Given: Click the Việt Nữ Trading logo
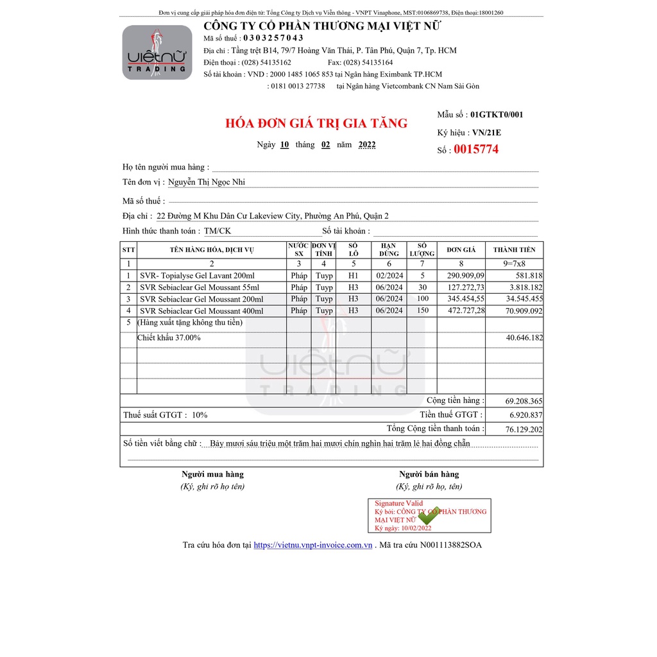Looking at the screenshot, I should (x=157, y=53).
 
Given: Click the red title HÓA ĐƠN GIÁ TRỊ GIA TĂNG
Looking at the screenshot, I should (x=316, y=124).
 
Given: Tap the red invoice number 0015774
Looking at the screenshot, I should (x=476, y=150).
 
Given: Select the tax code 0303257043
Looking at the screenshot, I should (x=273, y=38).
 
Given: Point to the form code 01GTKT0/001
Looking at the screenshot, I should (x=497, y=115).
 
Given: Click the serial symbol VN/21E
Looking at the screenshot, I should (x=486, y=133).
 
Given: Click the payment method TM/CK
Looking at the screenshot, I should (x=218, y=231).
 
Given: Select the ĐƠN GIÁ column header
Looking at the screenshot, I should (x=461, y=250).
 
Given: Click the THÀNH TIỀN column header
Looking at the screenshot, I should (x=514, y=250).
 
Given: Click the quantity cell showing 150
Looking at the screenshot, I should (x=422, y=311).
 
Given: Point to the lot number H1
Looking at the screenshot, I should (x=353, y=276).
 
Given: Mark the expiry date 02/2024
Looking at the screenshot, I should (x=389, y=276).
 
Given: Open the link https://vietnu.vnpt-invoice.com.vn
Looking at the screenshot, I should (x=313, y=545).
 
